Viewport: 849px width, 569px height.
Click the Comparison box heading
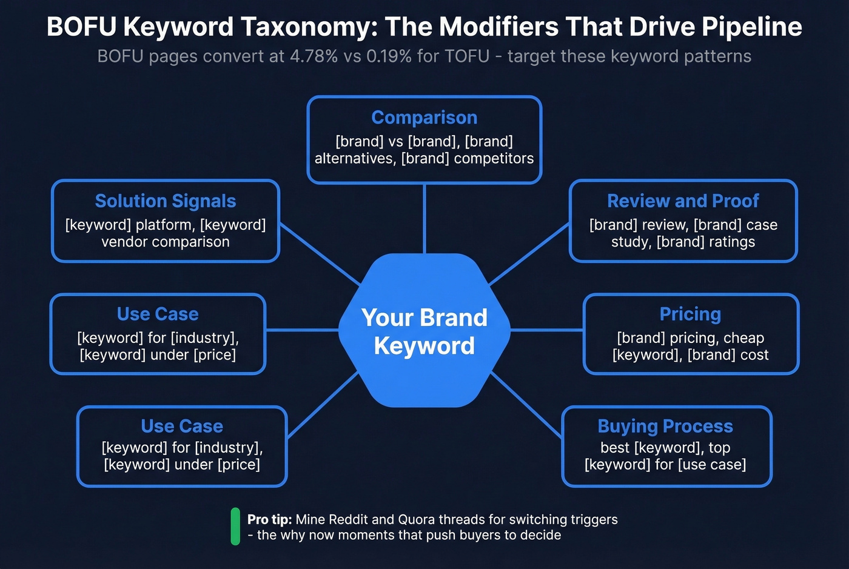click(424, 118)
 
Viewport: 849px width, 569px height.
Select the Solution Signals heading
click(166, 201)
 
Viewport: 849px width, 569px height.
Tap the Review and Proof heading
click(683, 201)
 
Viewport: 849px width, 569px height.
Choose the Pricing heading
click(690, 314)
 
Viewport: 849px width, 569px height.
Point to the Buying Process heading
click(665, 427)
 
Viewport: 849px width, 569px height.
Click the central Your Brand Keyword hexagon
click(424, 331)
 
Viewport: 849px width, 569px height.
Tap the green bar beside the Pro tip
click(235, 527)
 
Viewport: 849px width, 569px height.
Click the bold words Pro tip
click(269, 520)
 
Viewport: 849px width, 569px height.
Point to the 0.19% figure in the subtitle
click(389, 56)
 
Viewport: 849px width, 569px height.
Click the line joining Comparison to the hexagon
click(424, 218)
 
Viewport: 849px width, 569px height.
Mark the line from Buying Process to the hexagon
click(525, 404)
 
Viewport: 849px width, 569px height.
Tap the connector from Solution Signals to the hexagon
click(320, 254)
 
